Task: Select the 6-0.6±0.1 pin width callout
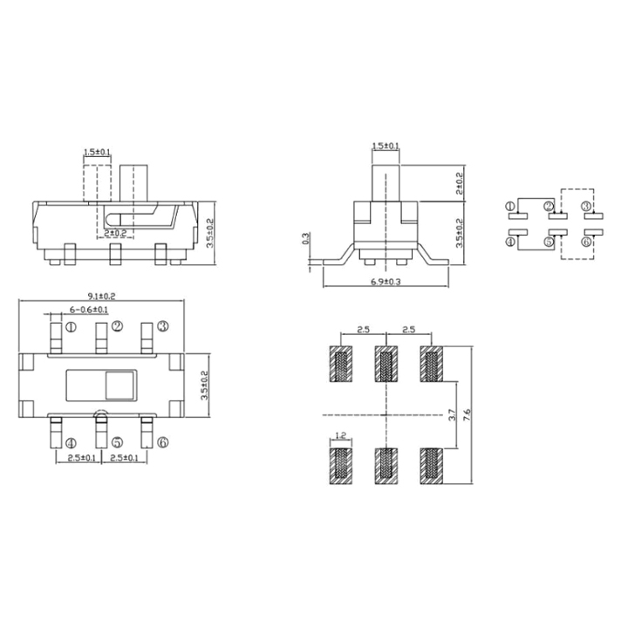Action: pos(89,310)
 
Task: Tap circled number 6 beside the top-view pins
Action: pos(162,443)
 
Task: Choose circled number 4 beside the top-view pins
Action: pos(72,443)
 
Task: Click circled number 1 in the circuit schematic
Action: pos(510,207)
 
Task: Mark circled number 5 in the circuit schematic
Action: pos(549,243)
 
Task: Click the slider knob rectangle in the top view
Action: pos(120,385)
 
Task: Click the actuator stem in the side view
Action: pos(385,179)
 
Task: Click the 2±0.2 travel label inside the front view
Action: pos(116,234)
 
